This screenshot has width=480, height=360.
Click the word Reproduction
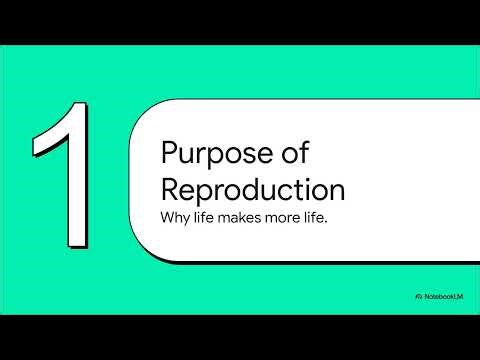pyautogui.click(x=252, y=190)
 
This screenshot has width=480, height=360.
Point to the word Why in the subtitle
pyautogui.click(x=175, y=217)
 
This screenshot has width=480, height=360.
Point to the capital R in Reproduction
pyautogui.click(x=170, y=190)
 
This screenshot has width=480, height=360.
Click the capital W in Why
pyautogui.click(x=168, y=217)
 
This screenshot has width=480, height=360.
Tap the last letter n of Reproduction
pyautogui.click(x=337, y=192)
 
